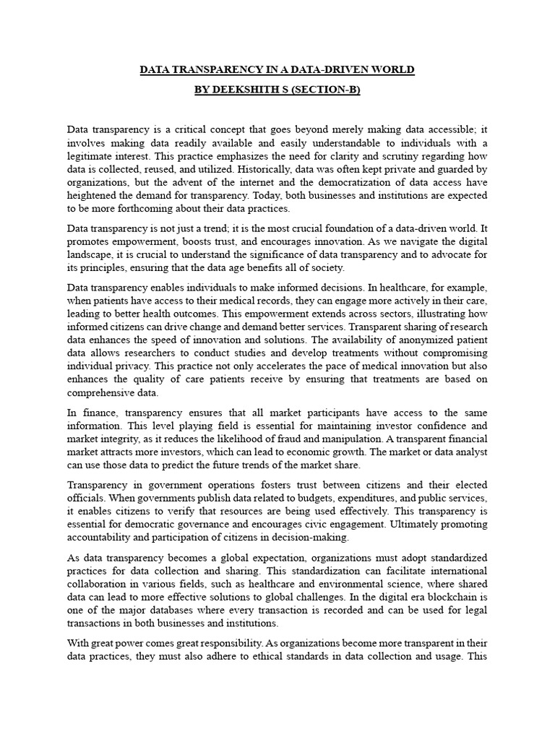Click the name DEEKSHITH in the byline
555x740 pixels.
[246, 90]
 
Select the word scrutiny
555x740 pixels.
[416, 157]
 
